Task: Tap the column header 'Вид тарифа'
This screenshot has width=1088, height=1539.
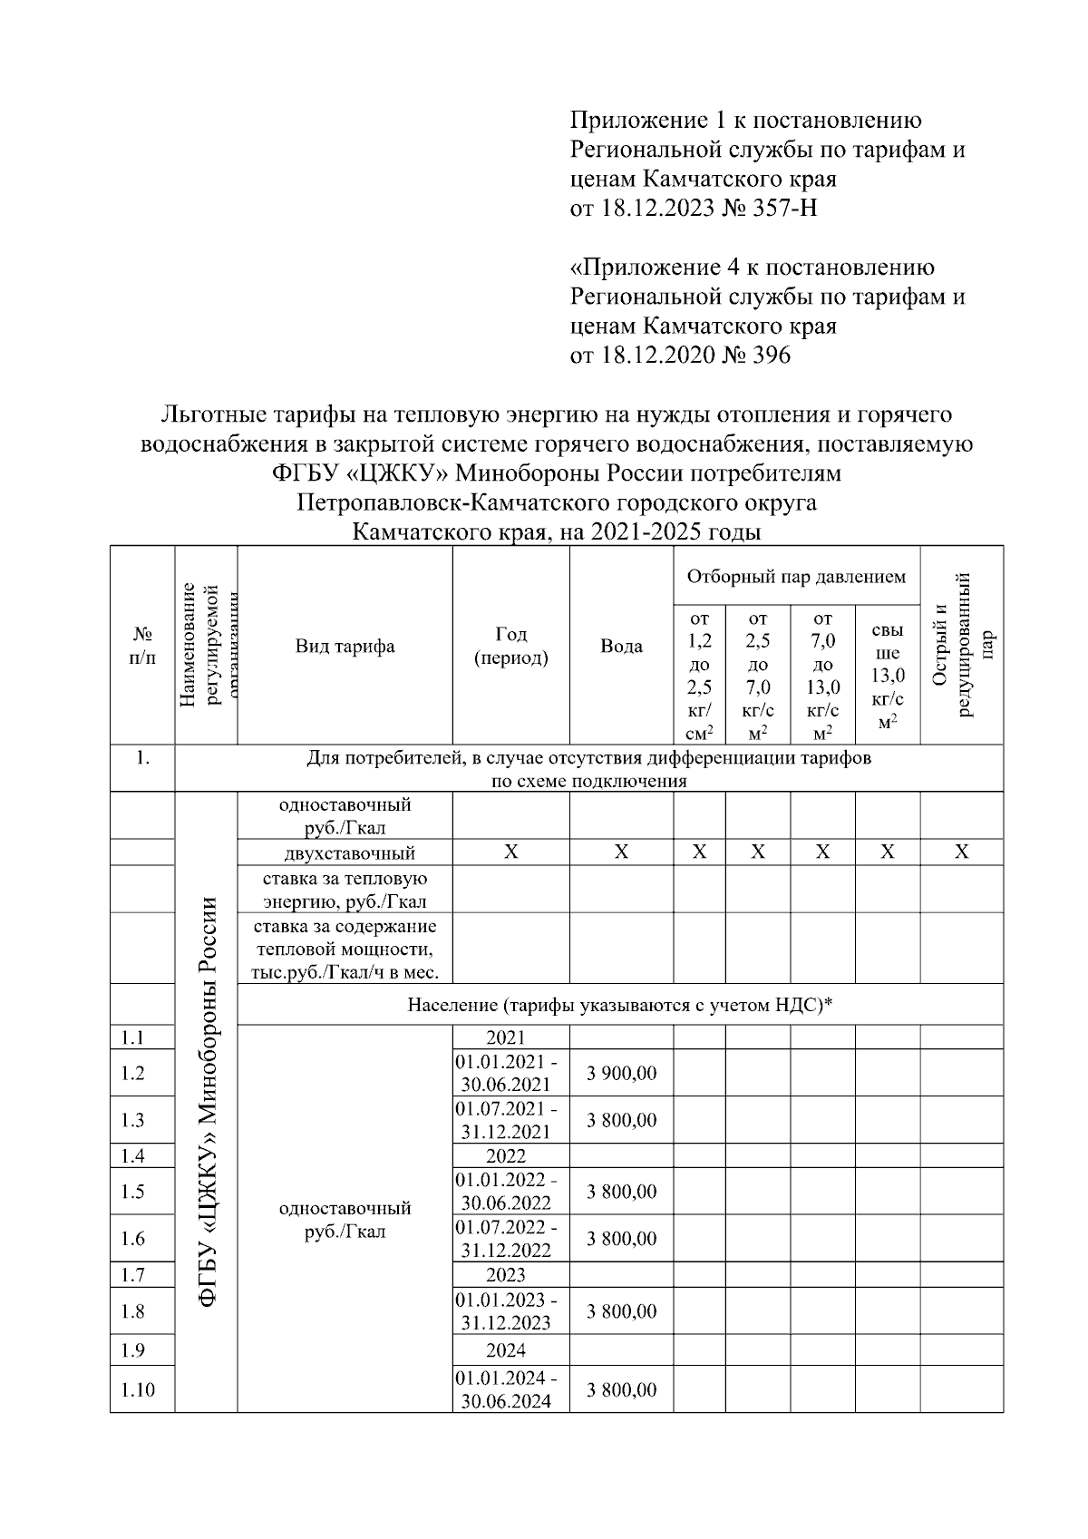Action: click(x=345, y=647)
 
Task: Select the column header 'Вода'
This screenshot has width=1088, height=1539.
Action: click(x=621, y=647)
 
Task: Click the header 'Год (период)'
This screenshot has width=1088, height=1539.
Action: click(x=510, y=646)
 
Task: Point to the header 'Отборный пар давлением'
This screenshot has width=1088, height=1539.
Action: click(x=795, y=577)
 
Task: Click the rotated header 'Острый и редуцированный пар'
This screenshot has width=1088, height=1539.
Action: click(x=962, y=645)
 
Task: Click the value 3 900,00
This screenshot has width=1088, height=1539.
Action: click(x=621, y=1074)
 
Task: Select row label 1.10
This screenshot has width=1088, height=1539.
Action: click(x=138, y=1389)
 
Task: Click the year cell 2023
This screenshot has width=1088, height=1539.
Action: click(x=506, y=1275)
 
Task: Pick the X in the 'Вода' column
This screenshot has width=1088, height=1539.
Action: click(x=621, y=852)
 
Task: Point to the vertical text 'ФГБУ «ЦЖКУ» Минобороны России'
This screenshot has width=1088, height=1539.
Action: click(x=208, y=1102)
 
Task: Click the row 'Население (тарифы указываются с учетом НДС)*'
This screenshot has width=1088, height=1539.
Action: click(x=620, y=1005)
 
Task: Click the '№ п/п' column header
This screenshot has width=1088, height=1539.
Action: click(x=142, y=647)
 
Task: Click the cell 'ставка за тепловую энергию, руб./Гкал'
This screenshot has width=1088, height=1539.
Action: click(x=345, y=890)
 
